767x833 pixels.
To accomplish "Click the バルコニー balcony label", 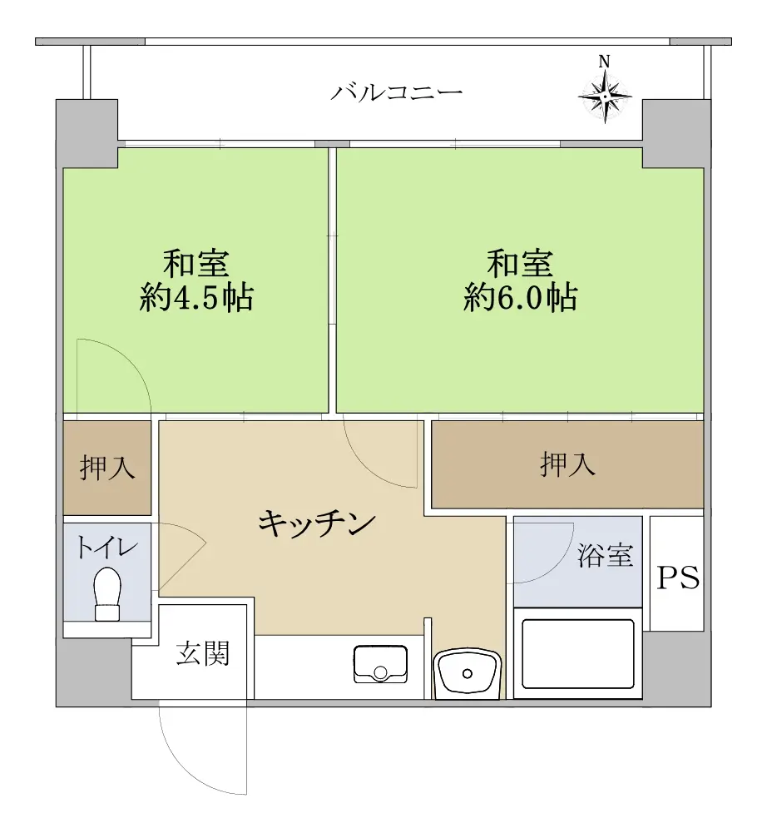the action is [x=396, y=92].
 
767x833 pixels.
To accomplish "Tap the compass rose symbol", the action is [x=605, y=97].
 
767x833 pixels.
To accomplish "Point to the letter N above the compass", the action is [x=604, y=62].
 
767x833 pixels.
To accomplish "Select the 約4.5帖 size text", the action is [x=196, y=298].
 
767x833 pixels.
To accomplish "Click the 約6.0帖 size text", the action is [x=521, y=298].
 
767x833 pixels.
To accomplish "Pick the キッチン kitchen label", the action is [x=317, y=523].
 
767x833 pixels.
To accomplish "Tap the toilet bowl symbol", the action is [x=106, y=594].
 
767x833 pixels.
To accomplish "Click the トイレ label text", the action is [x=107, y=547].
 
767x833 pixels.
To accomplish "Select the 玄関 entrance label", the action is [x=203, y=653].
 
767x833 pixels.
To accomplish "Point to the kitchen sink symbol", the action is [x=380, y=664].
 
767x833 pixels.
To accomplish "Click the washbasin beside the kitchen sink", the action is [x=467, y=673].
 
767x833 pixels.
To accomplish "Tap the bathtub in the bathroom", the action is [x=578, y=654].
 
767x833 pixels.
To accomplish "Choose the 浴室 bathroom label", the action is [x=605, y=556].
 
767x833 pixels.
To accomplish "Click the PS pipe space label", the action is [x=678, y=578].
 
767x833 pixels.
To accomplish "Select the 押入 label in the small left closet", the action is [x=107, y=468].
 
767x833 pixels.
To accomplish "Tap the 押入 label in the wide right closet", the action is [x=568, y=464].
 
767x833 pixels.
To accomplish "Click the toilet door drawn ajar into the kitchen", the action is [x=182, y=565].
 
